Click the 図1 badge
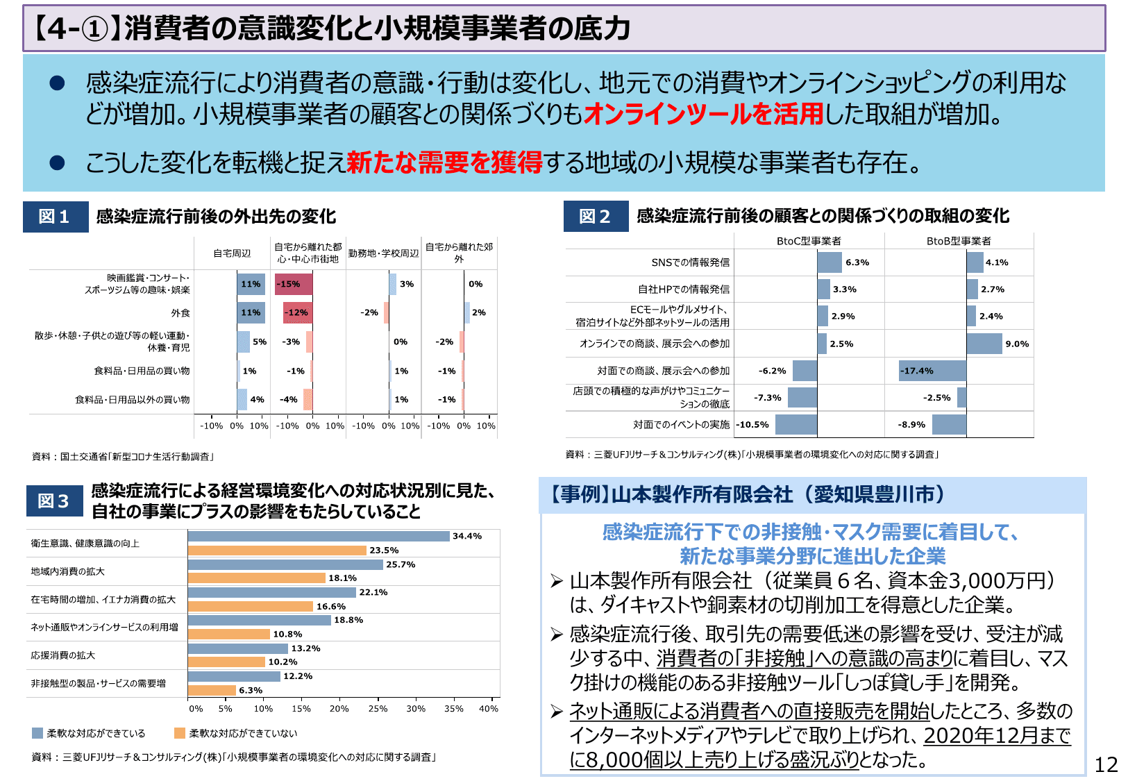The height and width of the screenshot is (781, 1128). coord(55,217)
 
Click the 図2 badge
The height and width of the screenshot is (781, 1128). coord(595,217)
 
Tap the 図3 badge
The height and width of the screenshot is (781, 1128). coord(54,501)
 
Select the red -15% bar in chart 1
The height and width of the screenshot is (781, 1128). coord(294,284)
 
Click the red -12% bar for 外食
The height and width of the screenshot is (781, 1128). coord(298,312)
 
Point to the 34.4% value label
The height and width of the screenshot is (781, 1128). coord(466,536)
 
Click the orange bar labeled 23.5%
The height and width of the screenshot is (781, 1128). coord(277,551)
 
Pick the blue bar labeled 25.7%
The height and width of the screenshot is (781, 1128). coord(285,565)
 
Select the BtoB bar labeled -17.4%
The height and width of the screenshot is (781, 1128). coord(932,371)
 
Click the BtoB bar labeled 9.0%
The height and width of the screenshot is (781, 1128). coord(984,344)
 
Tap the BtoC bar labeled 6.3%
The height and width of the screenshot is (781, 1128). coord(830,262)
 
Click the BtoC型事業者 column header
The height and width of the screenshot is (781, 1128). coord(809,241)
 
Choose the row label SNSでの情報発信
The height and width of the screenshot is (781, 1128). coord(690,262)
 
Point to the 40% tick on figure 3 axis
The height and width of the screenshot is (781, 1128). coord(488,709)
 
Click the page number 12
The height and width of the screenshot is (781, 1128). coord(1106,764)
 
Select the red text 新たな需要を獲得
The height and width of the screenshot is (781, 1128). coord(444,162)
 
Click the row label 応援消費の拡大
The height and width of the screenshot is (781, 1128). coord(63,655)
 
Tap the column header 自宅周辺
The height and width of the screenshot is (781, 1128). coord(232,253)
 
